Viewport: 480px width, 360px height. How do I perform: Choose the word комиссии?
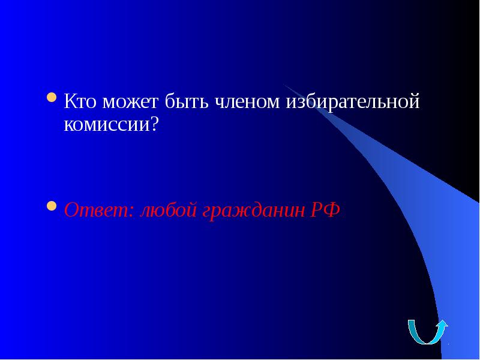[x=107, y=125]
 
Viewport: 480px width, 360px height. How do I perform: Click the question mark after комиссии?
[x=155, y=124]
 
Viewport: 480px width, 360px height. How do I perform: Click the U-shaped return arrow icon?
[x=427, y=331]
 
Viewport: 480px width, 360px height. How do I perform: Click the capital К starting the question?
[x=70, y=102]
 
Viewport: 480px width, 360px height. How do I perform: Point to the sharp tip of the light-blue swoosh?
[x=284, y=85]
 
